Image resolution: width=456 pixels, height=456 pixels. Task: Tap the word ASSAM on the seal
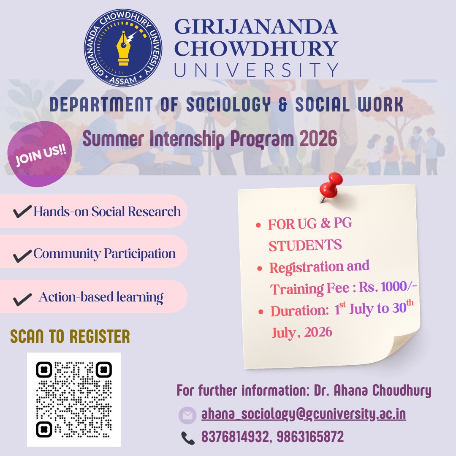tap(123, 79)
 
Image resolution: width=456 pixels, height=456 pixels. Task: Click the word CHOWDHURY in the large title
tap(256, 48)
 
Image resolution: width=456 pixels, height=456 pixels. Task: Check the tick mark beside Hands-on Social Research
tap(22, 212)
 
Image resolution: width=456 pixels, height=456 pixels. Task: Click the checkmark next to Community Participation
tap(22, 255)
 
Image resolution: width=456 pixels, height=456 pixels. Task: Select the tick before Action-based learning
tap(22, 299)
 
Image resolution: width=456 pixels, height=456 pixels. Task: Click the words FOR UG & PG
tap(310, 224)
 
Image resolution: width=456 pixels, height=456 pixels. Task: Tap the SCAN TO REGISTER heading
tap(70, 337)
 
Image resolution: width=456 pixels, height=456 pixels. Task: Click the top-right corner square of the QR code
tap(103, 370)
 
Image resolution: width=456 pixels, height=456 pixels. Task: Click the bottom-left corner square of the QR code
tap(44, 429)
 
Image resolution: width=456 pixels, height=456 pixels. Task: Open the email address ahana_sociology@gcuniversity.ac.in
tap(304, 414)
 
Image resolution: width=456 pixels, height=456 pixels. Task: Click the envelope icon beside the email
tap(187, 415)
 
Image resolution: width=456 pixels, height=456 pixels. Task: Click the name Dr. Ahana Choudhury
tap(372, 391)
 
